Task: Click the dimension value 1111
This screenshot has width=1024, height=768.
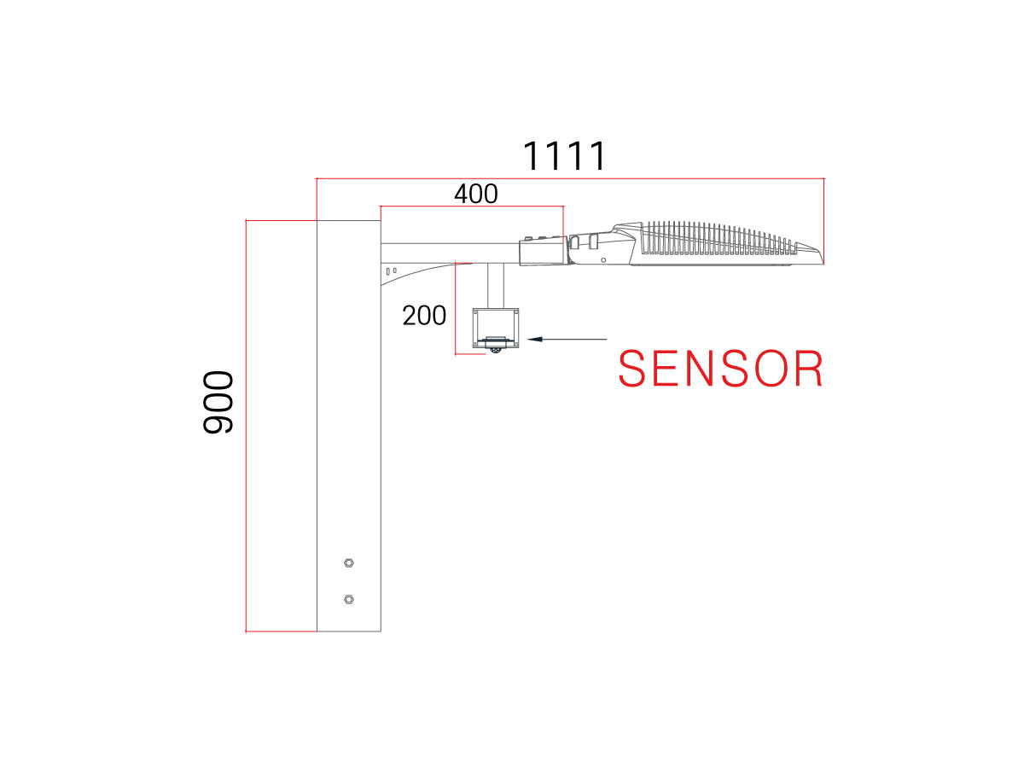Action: coord(563,156)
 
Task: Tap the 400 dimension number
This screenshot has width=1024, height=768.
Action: coord(475,194)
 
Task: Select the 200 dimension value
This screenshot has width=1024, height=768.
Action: coord(423,315)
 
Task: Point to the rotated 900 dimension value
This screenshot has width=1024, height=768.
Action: coord(218,402)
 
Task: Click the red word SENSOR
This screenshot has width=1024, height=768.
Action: coord(720,369)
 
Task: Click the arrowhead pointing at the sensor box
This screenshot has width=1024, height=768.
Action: coord(535,340)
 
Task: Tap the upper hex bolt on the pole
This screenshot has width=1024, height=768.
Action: coord(348,563)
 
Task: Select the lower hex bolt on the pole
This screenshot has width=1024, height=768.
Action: coord(348,599)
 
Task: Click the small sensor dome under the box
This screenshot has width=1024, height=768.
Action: coord(496,350)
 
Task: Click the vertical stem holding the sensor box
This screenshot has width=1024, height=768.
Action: coord(496,286)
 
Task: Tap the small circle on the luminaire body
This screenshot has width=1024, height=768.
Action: coord(603,260)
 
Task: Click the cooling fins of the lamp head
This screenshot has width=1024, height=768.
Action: coord(719,238)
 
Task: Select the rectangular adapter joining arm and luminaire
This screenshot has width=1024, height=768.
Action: coord(544,251)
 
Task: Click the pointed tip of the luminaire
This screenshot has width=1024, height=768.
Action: coord(823,261)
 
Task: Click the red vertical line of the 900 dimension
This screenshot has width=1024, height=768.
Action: coord(246,426)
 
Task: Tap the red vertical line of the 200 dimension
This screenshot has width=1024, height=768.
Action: coord(456,309)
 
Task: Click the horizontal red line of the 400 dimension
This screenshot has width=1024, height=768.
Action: coord(472,207)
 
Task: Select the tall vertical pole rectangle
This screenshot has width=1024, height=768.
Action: coord(348,426)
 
